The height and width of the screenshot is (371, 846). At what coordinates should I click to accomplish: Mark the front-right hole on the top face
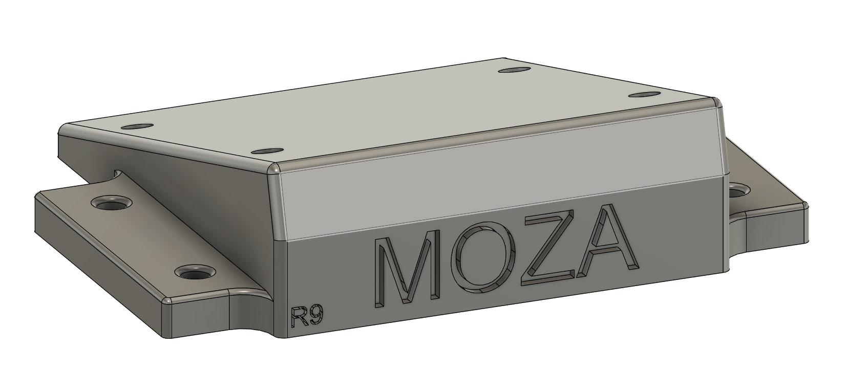(x=644, y=95)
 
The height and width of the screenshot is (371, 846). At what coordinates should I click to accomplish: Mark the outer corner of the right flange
(x=807, y=207)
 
